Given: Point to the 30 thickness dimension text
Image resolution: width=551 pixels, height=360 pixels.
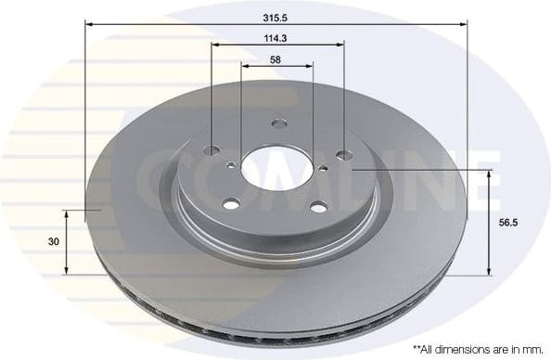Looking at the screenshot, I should tap(53, 241).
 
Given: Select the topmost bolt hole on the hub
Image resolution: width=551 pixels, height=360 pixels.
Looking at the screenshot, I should tap(279, 124).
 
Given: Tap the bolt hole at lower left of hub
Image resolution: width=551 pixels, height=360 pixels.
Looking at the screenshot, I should tap(232, 203).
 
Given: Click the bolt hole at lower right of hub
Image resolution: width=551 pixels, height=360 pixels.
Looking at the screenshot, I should tap(317, 207).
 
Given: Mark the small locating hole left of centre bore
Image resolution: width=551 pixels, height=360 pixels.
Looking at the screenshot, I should tap(231, 166).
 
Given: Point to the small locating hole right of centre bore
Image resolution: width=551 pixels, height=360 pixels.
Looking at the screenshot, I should tap(323, 168).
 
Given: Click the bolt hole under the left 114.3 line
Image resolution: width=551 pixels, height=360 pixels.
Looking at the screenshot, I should tap(212, 150).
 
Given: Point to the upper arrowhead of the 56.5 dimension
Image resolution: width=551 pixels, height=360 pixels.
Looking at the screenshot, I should tap(489, 175).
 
